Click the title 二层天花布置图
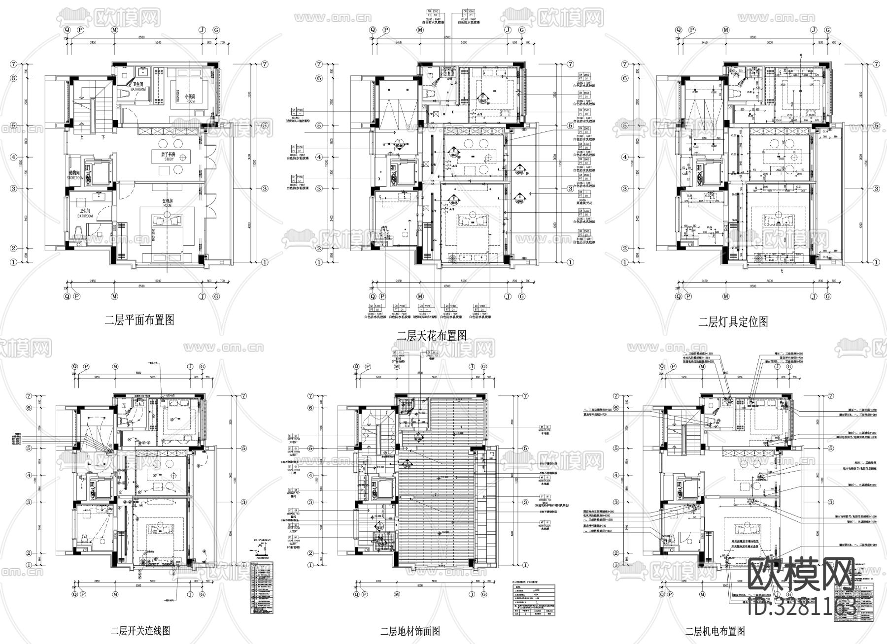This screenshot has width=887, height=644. click(x=432, y=336)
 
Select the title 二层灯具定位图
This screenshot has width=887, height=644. click(x=733, y=322)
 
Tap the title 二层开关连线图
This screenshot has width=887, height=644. click(x=140, y=630)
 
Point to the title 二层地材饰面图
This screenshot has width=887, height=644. click(x=410, y=631)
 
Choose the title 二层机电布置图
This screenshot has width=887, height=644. click(x=715, y=631)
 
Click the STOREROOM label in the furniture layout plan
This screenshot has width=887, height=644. click(x=77, y=178)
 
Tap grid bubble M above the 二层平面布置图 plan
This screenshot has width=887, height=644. click(x=114, y=30)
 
